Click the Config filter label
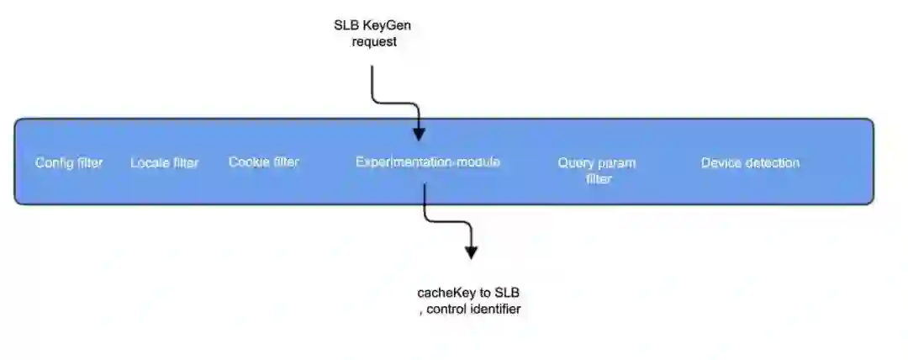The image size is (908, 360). pyautogui.click(x=69, y=162)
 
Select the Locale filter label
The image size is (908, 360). pyautogui.click(x=164, y=162)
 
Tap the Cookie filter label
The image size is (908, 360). pyautogui.click(x=263, y=161)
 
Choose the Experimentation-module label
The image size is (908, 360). pyautogui.click(x=427, y=161)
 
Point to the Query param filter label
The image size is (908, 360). pyautogui.click(x=597, y=170)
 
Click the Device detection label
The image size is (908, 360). pyautogui.click(x=750, y=162)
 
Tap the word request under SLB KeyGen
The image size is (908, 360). pyautogui.click(x=373, y=42)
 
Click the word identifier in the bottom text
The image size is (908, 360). pyautogui.click(x=495, y=310)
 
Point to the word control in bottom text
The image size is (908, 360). pyautogui.click(x=446, y=310)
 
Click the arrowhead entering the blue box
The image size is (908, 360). pyautogui.click(x=419, y=134)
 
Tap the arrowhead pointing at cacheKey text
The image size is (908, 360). pyautogui.click(x=471, y=251)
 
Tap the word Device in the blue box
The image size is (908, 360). pyautogui.click(x=721, y=162)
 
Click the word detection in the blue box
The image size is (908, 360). pyautogui.click(x=771, y=162)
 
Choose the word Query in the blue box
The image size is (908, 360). pyautogui.click(x=575, y=162)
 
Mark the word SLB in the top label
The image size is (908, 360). pyautogui.click(x=346, y=25)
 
